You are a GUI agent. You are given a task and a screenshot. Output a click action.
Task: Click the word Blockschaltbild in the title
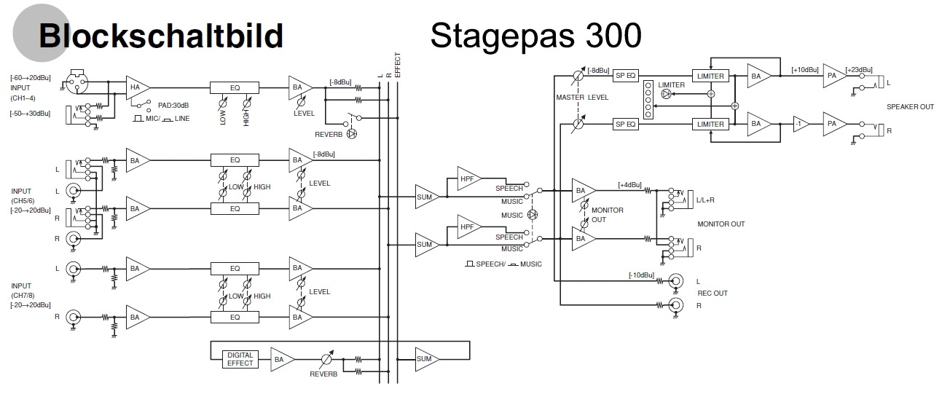pos(160,35)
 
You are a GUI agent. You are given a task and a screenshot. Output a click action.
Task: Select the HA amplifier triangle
pos(136,87)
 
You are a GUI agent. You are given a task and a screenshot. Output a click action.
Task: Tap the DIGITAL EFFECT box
pos(240,359)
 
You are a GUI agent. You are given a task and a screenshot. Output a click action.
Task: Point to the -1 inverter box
pos(801,124)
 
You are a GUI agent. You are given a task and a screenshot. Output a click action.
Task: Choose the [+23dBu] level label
pos(859,71)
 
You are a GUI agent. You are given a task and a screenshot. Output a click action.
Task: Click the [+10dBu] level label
pos(805,71)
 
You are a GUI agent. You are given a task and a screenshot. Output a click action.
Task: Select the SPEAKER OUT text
pos(910,107)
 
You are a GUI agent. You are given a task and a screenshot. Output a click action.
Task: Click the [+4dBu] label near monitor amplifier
pos(629,185)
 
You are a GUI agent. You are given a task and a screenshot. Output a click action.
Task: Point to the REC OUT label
pos(713,293)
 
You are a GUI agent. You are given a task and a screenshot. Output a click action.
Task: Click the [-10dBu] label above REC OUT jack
pos(641,275)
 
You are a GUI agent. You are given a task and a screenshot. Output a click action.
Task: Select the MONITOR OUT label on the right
pos(721,224)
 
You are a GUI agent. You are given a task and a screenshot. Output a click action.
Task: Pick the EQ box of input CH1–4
pos(235,87)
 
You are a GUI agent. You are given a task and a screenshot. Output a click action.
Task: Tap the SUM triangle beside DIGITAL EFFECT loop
pos(425,359)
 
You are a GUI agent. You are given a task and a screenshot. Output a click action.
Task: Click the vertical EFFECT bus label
pos(398,64)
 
